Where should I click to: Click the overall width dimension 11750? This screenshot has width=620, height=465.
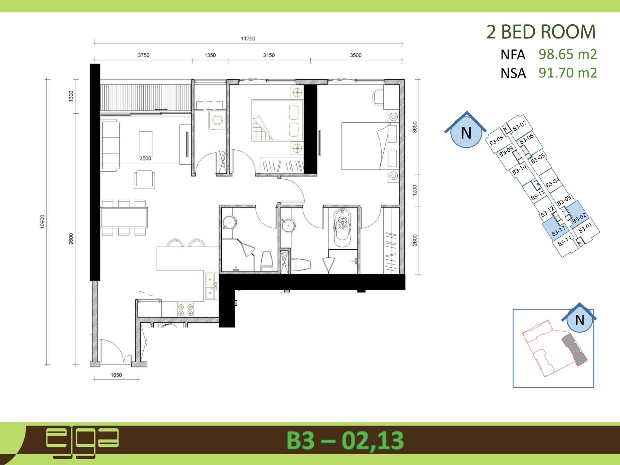(248, 39)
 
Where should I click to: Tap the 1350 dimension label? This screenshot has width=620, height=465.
(210, 55)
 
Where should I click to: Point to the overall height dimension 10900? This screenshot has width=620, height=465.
(42, 222)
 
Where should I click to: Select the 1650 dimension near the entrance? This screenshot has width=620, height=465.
(116, 375)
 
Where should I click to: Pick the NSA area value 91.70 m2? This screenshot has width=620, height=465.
(568, 73)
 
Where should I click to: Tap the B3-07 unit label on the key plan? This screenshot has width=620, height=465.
(519, 126)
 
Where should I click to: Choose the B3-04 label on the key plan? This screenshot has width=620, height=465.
(552, 182)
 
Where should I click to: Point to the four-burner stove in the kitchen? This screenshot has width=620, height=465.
(186, 310)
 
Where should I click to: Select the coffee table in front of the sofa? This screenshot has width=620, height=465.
(146, 144)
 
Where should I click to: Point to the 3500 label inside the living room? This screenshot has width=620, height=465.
(145, 159)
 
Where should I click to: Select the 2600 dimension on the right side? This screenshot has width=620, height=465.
(415, 240)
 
